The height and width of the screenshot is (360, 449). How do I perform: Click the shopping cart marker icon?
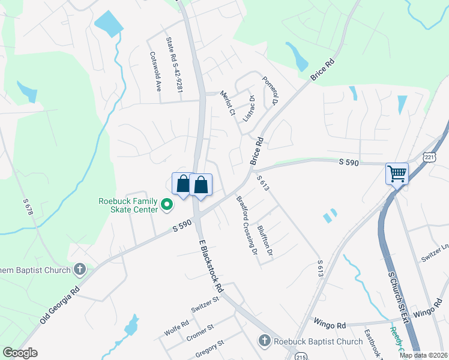pyautogui.click(x=397, y=174)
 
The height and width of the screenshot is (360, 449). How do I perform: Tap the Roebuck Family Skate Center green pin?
pyautogui.click(x=168, y=207)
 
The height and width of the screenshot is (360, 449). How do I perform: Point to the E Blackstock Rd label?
pyautogui.click(x=211, y=263)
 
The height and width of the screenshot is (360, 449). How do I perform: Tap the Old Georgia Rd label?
pyautogui.click(x=61, y=301)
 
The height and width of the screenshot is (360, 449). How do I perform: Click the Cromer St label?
pyautogui.click(x=200, y=331)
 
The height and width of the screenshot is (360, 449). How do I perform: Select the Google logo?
pyautogui.click(x=20, y=353)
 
